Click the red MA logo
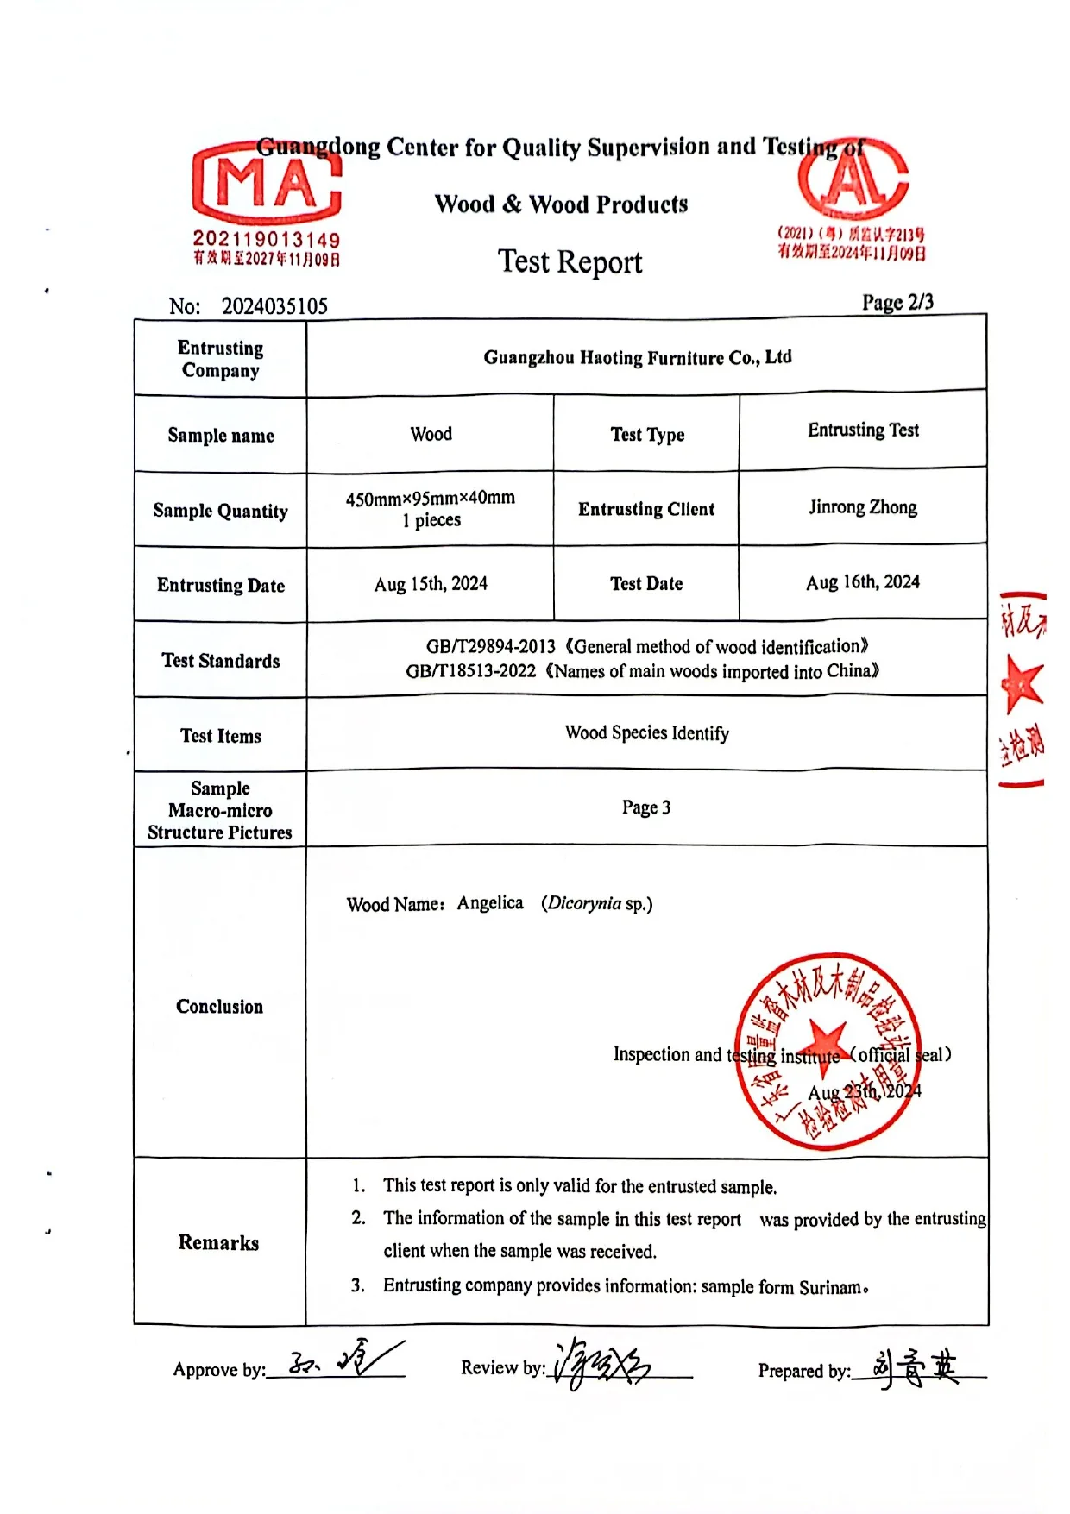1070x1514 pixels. point(266,183)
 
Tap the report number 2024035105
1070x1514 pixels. point(274,306)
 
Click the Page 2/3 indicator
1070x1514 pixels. point(897,302)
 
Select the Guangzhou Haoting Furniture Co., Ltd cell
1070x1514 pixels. point(637,357)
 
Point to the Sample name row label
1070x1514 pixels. point(221,435)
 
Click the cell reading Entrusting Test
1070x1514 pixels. point(863,430)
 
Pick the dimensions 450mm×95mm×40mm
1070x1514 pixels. point(430,499)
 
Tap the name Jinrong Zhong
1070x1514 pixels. point(863,507)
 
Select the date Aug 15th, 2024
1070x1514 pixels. point(431,584)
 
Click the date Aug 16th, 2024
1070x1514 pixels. point(863,582)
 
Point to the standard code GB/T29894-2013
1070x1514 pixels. point(490,647)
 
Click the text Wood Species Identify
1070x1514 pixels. point(646,733)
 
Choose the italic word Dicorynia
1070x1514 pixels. point(584,903)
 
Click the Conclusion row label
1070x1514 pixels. point(219,1007)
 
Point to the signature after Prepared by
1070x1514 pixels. point(915,1366)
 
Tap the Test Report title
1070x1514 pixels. point(570,261)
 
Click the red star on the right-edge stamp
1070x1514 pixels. point(1023,684)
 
